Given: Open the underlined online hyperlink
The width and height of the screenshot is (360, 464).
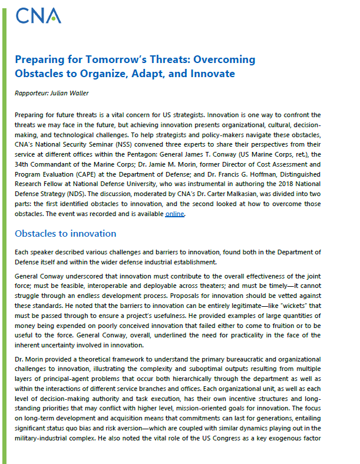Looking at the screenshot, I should pos(174,214).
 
